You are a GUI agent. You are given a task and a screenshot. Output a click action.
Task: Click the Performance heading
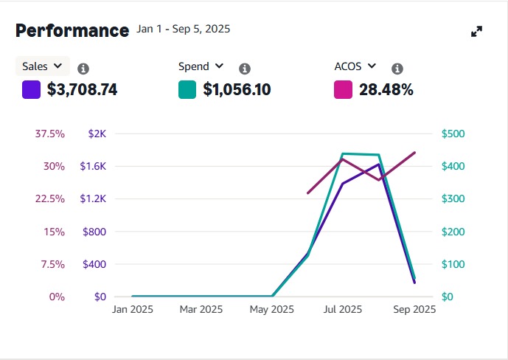click(x=72, y=30)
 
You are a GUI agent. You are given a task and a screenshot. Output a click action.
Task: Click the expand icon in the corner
click(x=476, y=32)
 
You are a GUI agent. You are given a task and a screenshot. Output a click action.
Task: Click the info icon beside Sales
click(x=83, y=69)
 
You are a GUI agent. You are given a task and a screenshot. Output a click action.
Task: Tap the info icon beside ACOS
click(x=397, y=69)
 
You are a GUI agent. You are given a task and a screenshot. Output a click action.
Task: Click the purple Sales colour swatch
click(x=31, y=90)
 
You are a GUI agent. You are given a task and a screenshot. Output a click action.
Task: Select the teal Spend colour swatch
click(x=187, y=90)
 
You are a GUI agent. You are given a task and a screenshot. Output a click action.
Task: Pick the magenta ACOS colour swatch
click(x=343, y=90)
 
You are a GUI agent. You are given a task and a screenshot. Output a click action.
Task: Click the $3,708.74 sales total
click(x=82, y=90)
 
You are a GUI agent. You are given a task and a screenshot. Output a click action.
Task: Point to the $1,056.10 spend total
click(x=237, y=90)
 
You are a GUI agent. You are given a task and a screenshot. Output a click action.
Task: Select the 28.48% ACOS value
click(x=386, y=90)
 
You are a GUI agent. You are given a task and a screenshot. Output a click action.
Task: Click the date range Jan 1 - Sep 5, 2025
click(x=184, y=30)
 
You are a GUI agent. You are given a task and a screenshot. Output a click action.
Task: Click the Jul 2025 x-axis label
click(x=342, y=309)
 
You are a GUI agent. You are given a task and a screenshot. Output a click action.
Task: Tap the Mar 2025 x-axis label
click(x=201, y=309)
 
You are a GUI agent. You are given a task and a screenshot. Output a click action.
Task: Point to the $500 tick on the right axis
click(x=453, y=134)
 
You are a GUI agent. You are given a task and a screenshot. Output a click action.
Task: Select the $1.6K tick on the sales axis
click(x=93, y=166)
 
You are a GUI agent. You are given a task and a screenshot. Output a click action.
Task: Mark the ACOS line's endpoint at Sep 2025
click(x=415, y=153)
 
